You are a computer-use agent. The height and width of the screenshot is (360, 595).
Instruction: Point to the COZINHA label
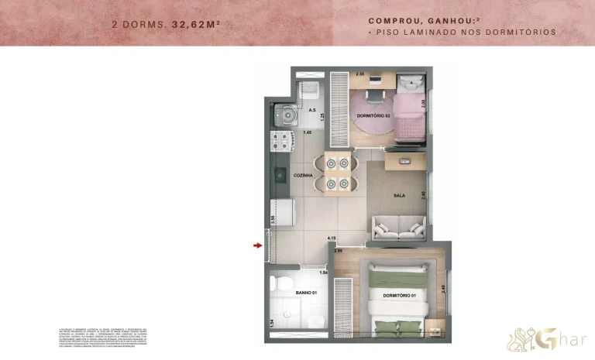tap(303, 176)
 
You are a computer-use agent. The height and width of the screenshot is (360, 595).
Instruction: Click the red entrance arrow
tap(257, 246)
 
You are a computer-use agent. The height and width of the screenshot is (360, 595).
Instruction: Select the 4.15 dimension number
tap(332, 238)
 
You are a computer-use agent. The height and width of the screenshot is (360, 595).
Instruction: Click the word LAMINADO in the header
tap(442, 33)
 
